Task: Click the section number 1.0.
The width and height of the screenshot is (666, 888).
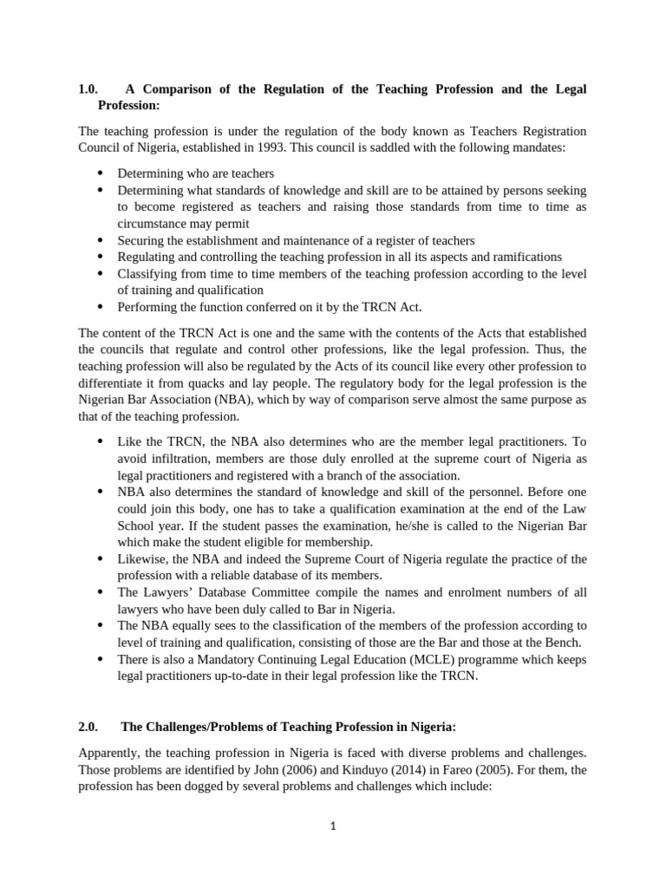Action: (x=88, y=89)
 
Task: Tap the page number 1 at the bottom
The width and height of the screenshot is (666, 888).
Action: (x=332, y=826)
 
